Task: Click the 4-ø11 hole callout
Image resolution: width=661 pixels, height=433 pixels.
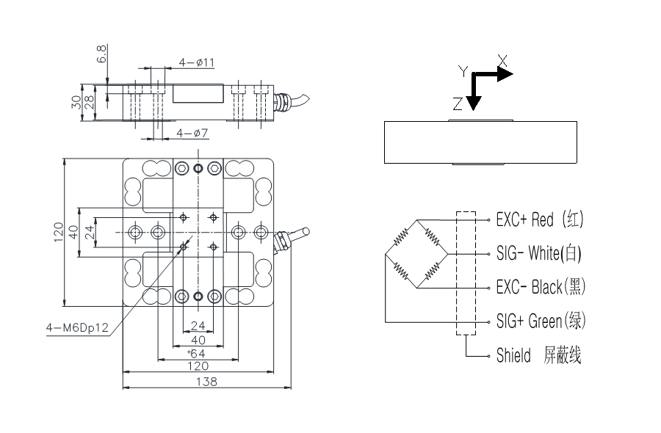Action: [196, 63]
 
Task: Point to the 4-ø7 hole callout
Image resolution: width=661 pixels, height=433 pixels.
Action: [192, 133]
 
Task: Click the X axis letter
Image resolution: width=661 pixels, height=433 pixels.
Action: [502, 59]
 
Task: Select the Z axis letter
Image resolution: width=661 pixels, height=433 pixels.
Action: [458, 104]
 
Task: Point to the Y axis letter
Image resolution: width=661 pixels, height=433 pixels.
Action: [463, 71]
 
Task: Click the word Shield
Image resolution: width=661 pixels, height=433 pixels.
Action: [513, 356]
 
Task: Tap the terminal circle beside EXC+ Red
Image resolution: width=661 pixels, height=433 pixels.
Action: [488, 219]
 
